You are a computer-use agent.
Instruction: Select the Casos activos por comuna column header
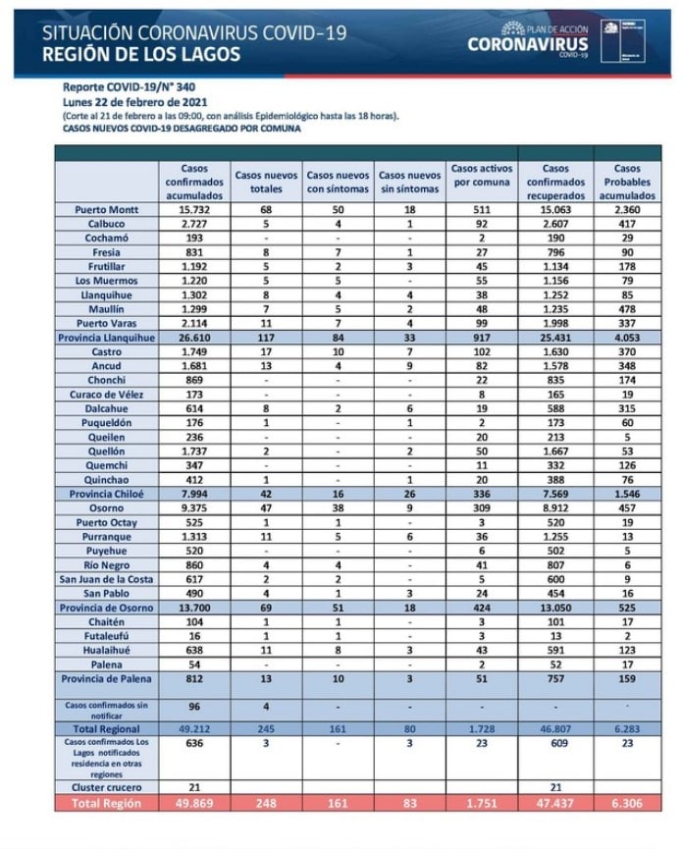(483, 182)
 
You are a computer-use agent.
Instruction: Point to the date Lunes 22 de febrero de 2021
(133, 101)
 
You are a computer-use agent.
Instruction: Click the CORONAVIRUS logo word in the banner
(528, 44)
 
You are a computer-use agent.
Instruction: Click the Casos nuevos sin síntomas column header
(410, 182)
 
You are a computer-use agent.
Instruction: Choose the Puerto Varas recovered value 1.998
(555, 323)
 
